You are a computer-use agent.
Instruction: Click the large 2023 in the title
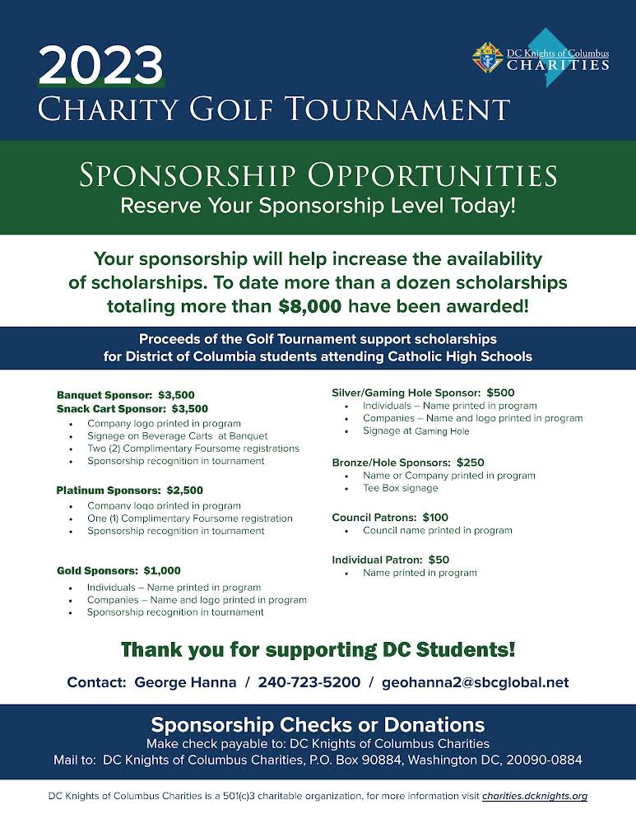coord(102,65)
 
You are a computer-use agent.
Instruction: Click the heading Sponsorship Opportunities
coord(318,174)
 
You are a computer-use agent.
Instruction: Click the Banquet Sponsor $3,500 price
coord(176,394)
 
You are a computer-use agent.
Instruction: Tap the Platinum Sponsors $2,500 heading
coord(129,491)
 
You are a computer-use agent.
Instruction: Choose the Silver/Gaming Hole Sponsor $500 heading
coord(423,393)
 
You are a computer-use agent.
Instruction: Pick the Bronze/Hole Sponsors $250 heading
coord(407,463)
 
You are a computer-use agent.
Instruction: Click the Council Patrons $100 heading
coord(389,518)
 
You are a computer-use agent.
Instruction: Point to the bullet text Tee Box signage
coord(400,488)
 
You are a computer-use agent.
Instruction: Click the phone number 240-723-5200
coord(309,682)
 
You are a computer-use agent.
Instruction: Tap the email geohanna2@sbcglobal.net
coord(475,682)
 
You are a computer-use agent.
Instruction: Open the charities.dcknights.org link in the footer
coord(534,797)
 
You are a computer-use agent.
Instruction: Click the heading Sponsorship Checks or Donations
coord(318,725)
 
